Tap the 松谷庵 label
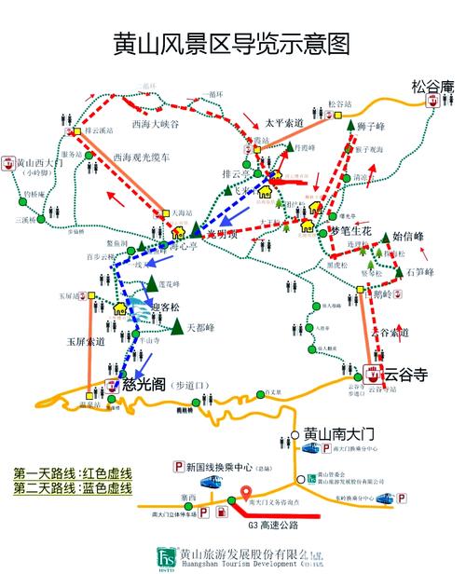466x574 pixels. [432, 88]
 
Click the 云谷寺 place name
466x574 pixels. [405, 375]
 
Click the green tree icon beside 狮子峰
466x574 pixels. [351, 125]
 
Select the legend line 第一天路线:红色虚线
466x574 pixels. [73, 473]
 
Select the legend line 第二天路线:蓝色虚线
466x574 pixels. [73, 488]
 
